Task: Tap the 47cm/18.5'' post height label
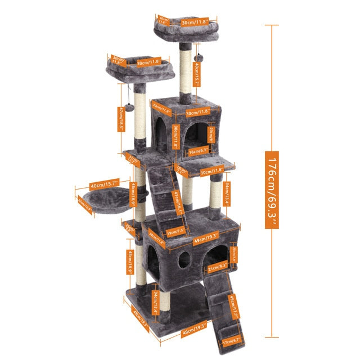pyautogui.click(x=121, y=118)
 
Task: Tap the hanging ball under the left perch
pyautogui.click(x=129, y=106)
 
